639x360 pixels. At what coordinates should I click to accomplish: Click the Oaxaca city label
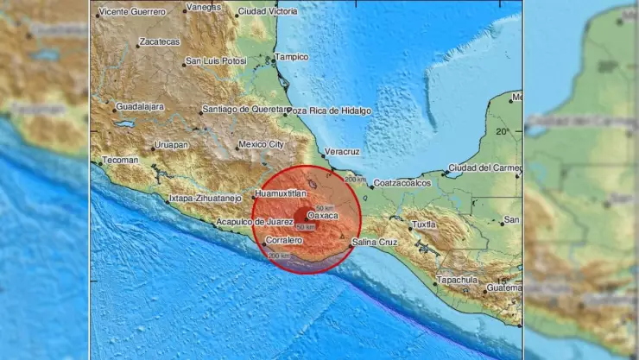coord(322,216)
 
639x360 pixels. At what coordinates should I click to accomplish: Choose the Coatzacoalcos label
coord(404,184)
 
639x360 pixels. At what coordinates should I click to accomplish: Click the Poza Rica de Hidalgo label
coord(331,111)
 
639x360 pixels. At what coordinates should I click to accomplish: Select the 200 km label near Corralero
coord(278,256)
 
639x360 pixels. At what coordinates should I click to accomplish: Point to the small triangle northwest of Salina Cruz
coord(343,236)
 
